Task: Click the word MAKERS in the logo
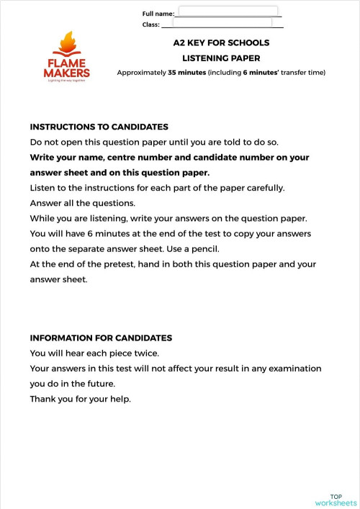click(x=67, y=73)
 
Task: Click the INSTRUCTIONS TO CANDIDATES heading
click(x=99, y=127)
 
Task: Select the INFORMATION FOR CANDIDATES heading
click(x=101, y=338)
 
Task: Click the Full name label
click(x=158, y=14)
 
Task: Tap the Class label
click(x=150, y=25)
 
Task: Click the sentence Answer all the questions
click(x=78, y=203)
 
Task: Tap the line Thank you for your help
click(x=80, y=399)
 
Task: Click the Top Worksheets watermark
click(x=336, y=500)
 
